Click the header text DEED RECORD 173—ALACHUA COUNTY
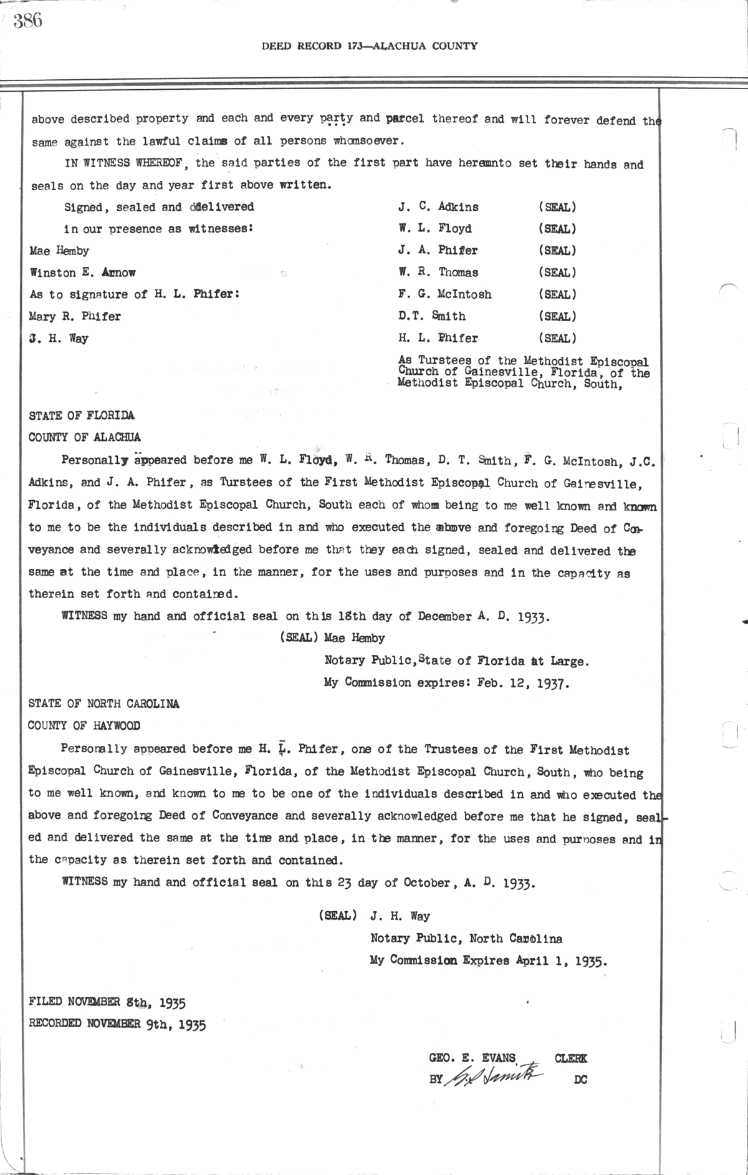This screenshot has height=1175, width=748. tap(370, 46)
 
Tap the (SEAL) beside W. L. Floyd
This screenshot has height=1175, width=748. tap(557, 229)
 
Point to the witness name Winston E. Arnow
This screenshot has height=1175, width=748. tap(82, 273)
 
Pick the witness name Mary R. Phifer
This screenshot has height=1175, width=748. tap(75, 316)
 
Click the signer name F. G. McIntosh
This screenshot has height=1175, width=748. tap(445, 294)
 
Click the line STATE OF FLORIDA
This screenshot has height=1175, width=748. tap(82, 415)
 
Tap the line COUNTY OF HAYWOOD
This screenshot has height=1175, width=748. tap(84, 726)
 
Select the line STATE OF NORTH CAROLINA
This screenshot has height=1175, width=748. tap(104, 704)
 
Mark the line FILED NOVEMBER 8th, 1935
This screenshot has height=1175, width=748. tap(107, 1002)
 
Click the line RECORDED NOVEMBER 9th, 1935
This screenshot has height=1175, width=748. tap(117, 1024)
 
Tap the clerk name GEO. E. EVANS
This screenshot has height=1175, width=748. tap(472, 1058)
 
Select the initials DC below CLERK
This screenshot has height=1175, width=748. tap(580, 1080)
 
